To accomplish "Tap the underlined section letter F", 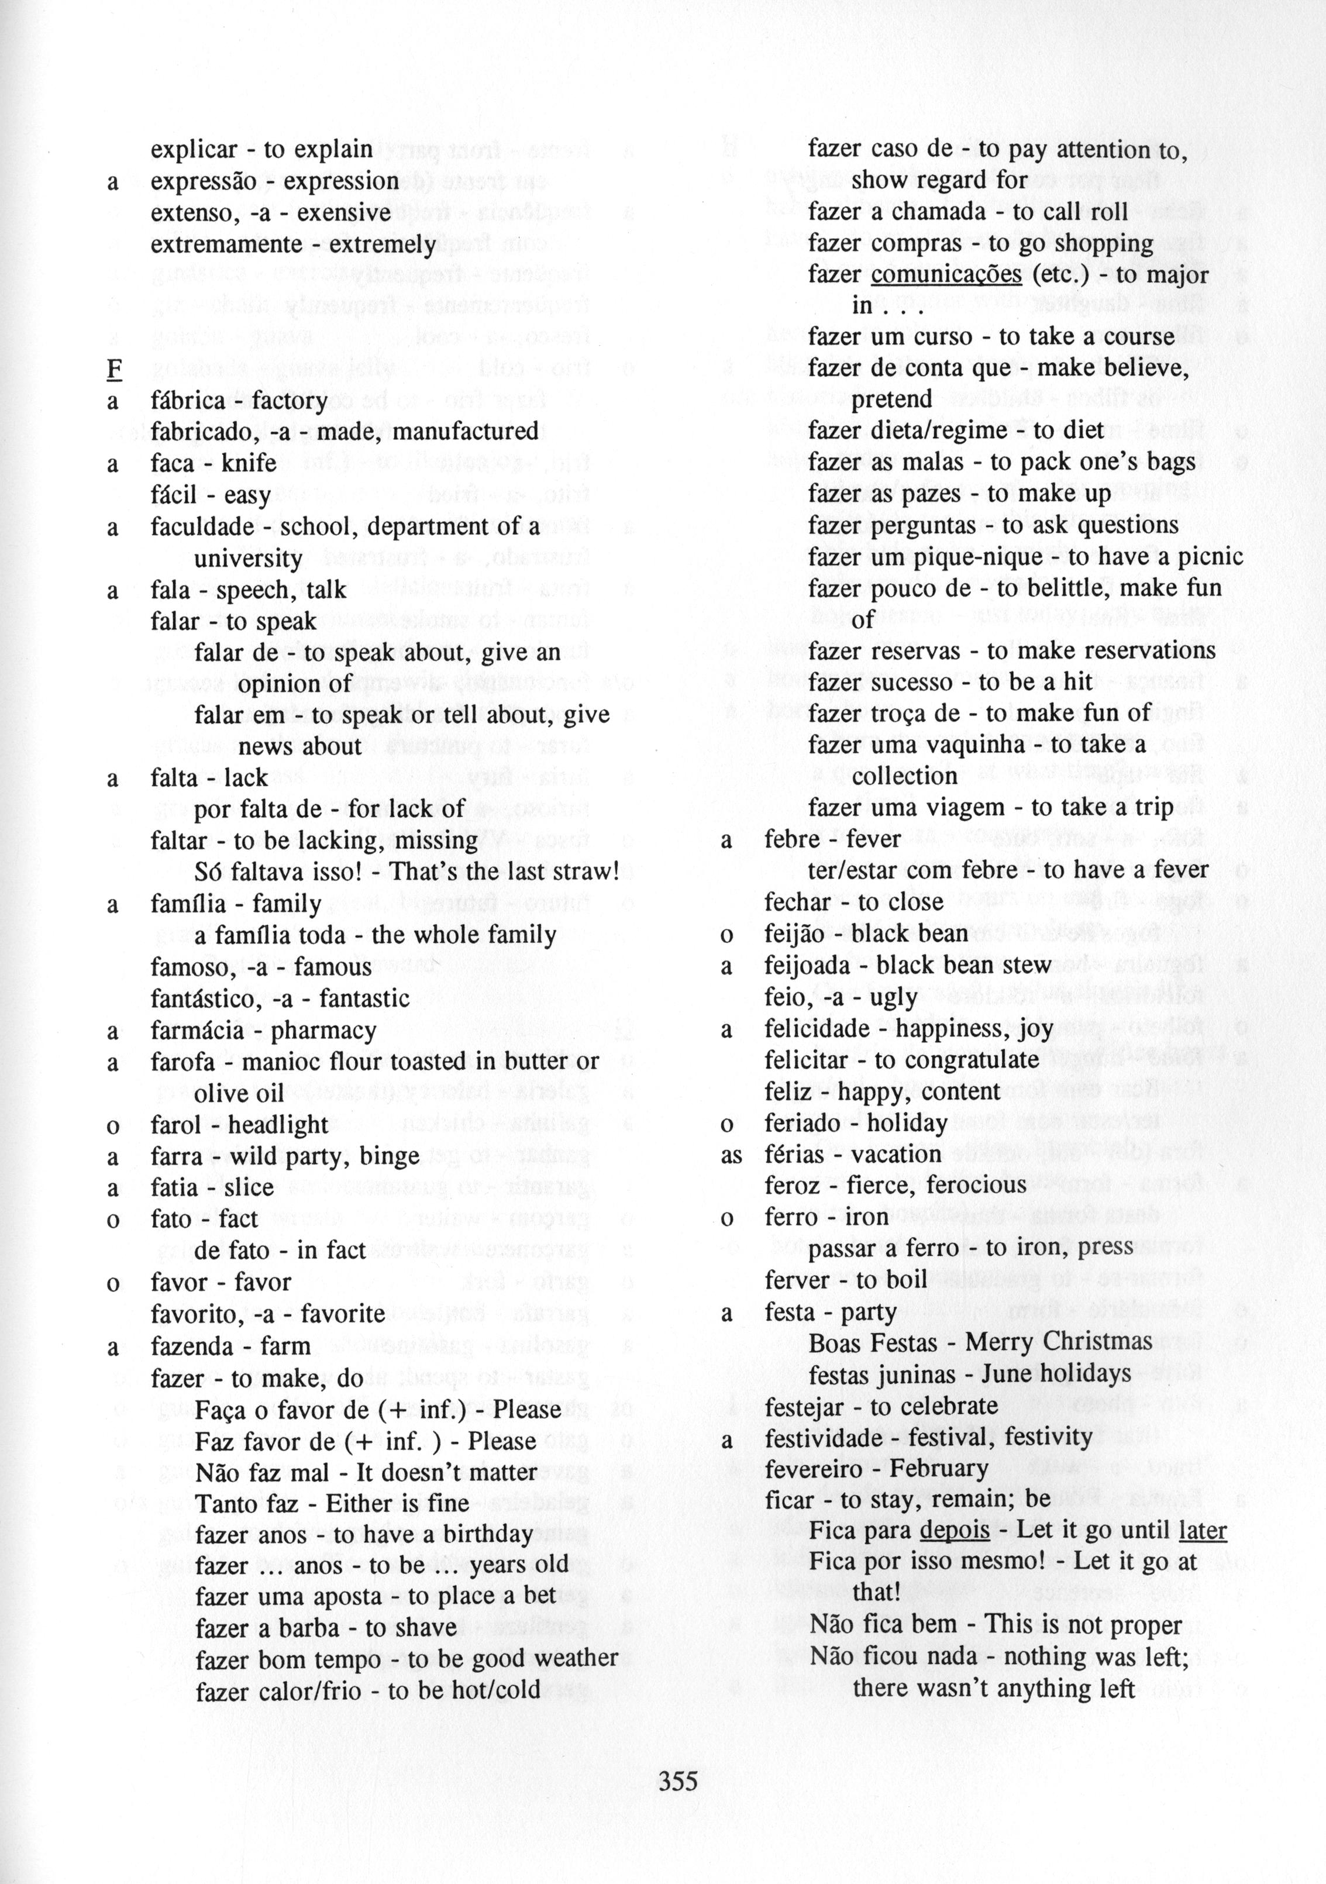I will point(113,369).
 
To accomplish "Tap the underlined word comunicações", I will point(945,274).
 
